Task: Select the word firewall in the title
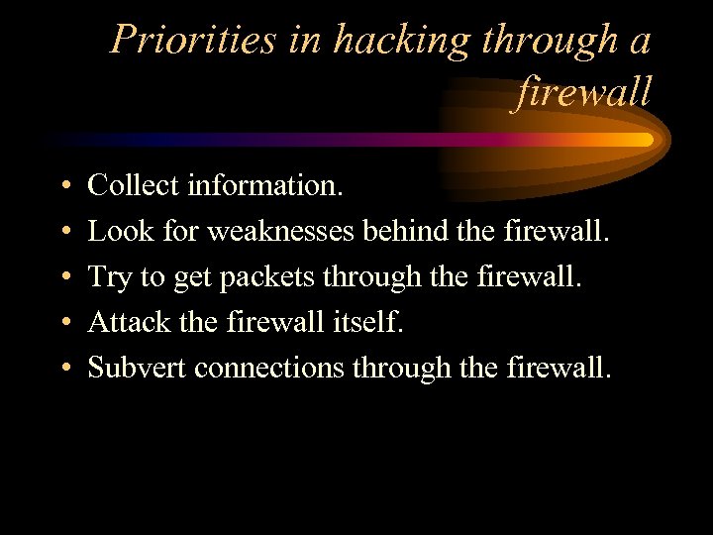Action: tap(584, 92)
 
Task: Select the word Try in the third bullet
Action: tap(110, 276)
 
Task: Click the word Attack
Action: tap(130, 322)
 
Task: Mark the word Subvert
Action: tap(137, 368)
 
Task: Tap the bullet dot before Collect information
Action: tap(62, 186)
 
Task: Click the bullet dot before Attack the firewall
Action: tap(62, 323)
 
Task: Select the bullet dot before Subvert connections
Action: tap(62, 369)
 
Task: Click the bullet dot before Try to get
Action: tap(62, 277)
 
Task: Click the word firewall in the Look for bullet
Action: tap(560, 231)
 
